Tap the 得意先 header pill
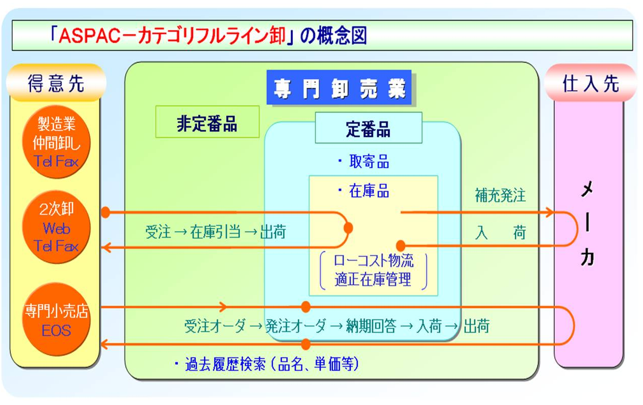56,83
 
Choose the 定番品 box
368,129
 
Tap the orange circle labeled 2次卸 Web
57,228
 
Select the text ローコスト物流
373,261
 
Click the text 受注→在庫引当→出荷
215,232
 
